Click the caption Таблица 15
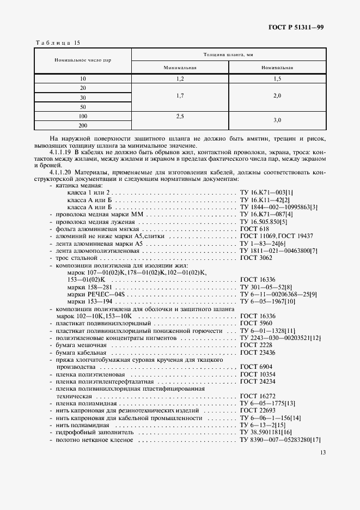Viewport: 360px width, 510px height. (57, 42)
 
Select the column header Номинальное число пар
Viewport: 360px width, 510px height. (83, 60)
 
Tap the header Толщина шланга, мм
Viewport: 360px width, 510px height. (229, 54)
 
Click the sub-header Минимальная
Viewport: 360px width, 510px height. (180, 68)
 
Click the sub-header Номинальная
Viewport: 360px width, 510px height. (277, 68)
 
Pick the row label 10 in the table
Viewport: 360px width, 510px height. (83, 79)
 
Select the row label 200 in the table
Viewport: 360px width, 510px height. (83, 125)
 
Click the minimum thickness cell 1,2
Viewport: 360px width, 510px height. (180, 79)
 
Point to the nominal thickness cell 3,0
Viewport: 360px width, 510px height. (277, 120)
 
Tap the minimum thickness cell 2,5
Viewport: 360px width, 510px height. (180, 116)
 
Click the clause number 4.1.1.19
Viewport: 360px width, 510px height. (61, 151)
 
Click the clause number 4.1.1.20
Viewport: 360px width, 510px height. (61, 172)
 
